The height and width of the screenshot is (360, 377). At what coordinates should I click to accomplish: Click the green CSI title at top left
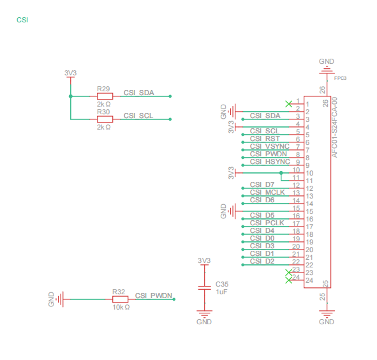pyautogui.click(x=22, y=20)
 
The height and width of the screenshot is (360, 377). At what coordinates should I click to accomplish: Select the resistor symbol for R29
pyautogui.click(x=105, y=96)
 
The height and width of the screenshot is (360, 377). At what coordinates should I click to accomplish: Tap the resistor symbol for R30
pyautogui.click(x=105, y=119)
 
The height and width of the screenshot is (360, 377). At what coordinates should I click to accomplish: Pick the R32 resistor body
pyautogui.click(x=120, y=299)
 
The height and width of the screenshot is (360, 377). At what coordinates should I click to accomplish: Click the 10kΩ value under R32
pyautogui.click(x=121, y=307)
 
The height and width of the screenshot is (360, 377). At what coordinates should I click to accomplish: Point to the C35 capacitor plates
pyautogui.click(x=204, y=288)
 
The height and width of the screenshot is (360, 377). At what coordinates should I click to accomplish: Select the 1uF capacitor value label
pyautogui.click(x=221, y=292)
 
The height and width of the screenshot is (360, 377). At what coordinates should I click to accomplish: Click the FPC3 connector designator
pyautogui.click(x=340, y=78)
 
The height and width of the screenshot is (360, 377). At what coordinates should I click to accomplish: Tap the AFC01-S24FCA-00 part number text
pyautogui.click(x=334, y=127)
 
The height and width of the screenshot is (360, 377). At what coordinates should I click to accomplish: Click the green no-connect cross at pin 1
pyautogui.click(x=289, y=104)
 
